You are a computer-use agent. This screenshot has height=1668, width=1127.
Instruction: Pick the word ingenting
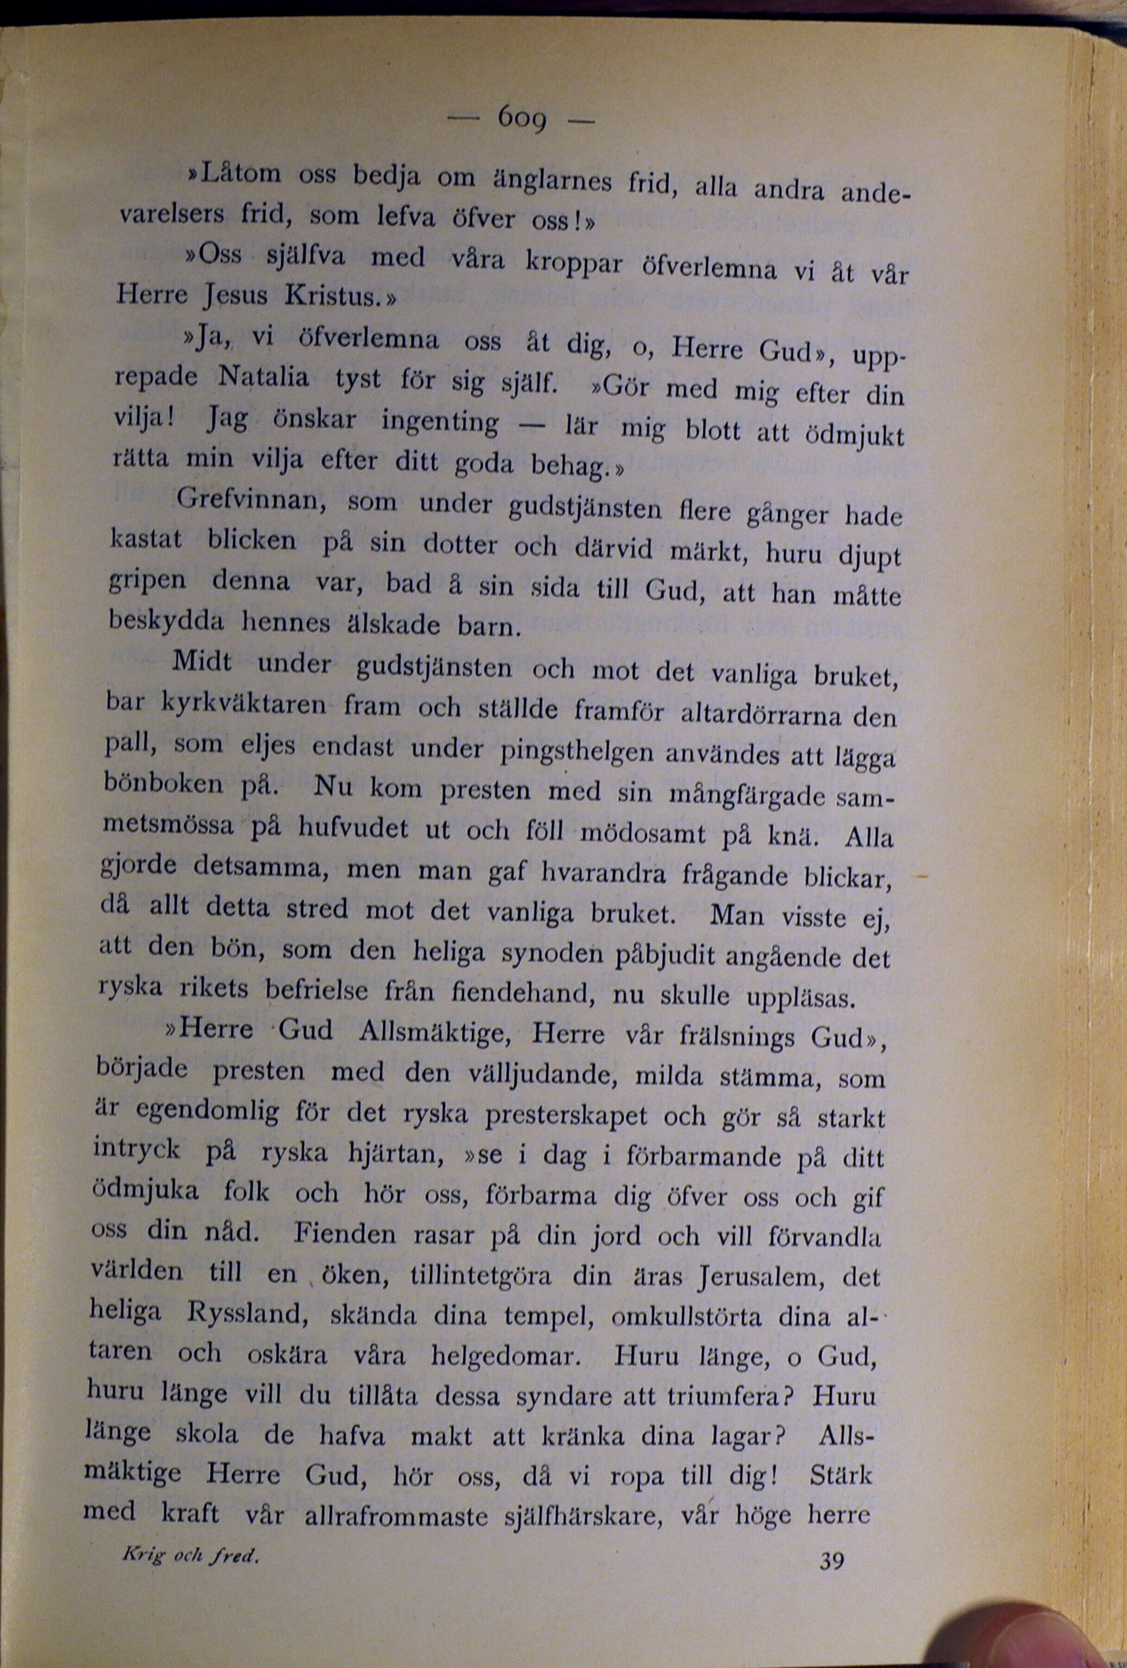tap(440, 421)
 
